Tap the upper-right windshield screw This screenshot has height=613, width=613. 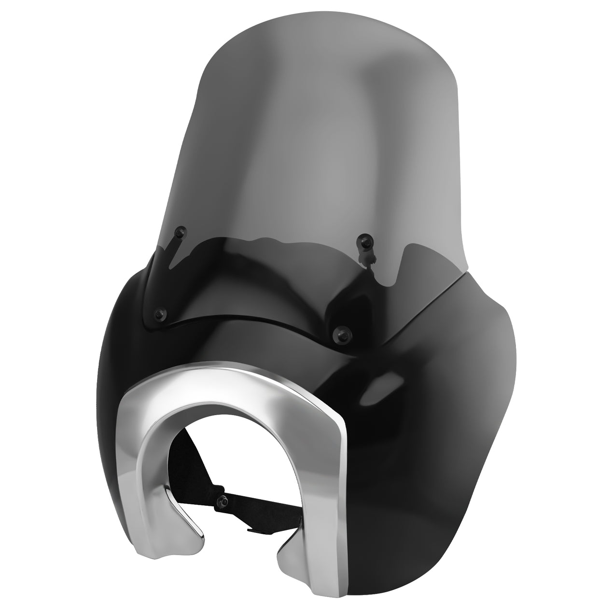(x=363, y=239)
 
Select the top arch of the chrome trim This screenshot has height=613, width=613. (x=232, y=381)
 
